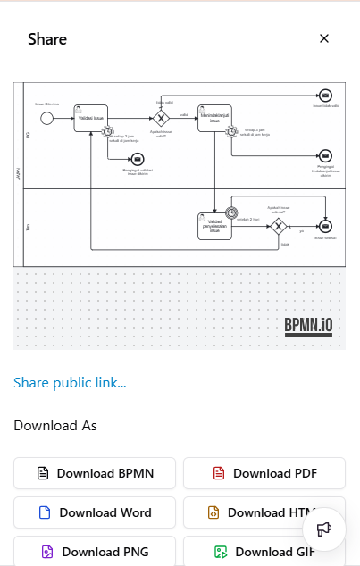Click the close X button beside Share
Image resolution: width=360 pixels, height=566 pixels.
[324, 38]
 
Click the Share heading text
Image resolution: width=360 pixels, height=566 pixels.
[47, 39]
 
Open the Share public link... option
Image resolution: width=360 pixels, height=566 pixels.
[70, 383]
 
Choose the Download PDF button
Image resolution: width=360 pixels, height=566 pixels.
[264, 473]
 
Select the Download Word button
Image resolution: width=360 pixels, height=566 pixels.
[94, 512]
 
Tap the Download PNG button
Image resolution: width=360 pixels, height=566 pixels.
[94, 552]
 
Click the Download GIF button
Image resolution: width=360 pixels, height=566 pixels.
[264, 552]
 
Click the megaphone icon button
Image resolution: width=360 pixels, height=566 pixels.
[324, 529]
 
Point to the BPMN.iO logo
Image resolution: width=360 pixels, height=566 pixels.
[308, 326]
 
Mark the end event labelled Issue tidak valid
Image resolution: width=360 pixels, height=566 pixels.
[325, 96]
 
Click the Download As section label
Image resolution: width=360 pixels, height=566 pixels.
[55, 426]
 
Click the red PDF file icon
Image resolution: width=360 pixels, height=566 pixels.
[218, 473]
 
